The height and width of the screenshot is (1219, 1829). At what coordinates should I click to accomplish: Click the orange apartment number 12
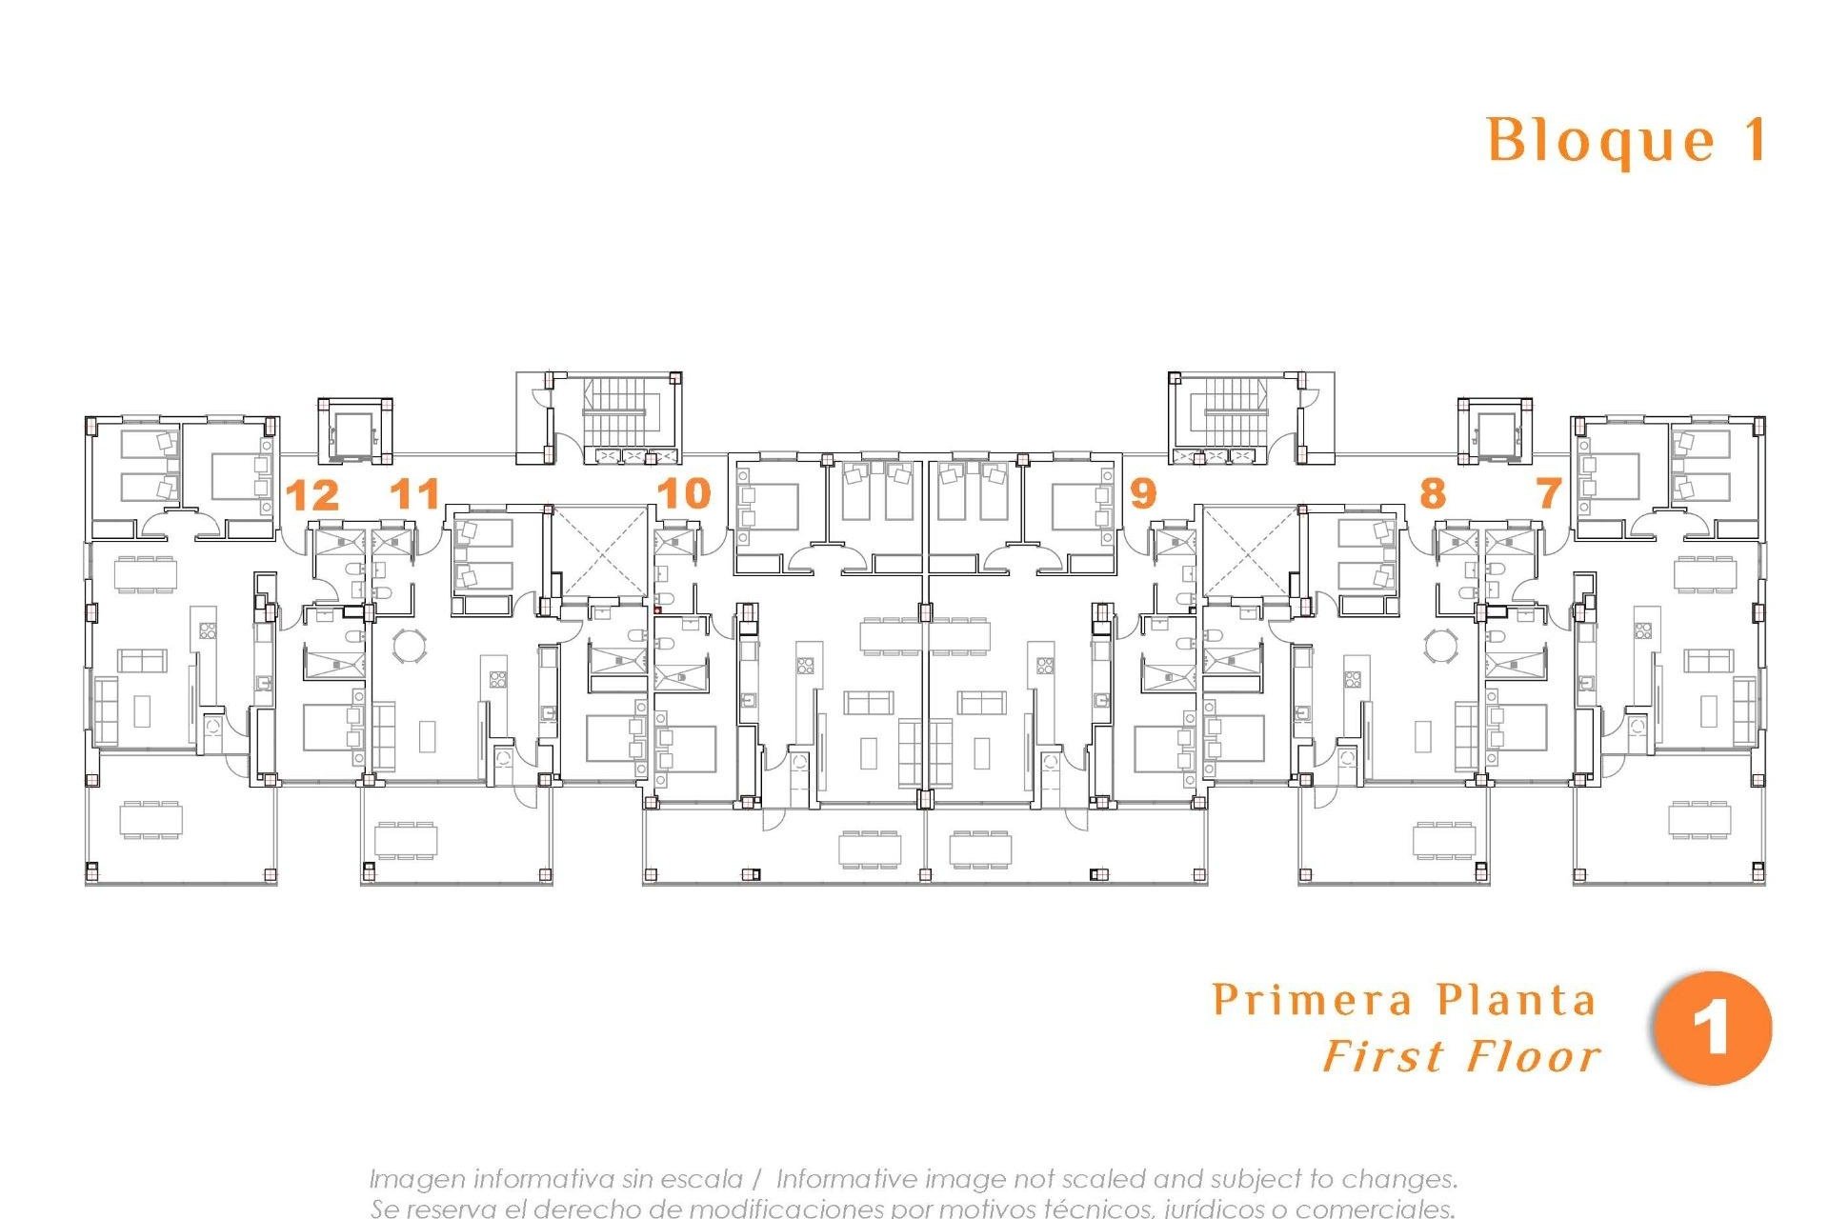point(312,496)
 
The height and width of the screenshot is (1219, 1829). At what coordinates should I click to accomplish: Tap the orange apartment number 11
point(415,494)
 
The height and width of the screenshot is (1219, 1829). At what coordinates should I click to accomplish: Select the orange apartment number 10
point(684,493)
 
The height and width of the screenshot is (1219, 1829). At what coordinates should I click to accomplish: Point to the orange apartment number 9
point(1142,493)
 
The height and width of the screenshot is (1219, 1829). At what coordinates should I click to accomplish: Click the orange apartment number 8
point(1432,493)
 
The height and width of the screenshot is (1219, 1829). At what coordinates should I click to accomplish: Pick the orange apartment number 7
point(1549,493)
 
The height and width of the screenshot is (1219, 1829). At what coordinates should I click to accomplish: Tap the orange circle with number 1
point(1712,1029)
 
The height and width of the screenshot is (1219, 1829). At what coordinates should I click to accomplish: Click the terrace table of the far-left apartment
point(151,819)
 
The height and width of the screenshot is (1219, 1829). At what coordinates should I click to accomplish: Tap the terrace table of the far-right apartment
point(1699,819)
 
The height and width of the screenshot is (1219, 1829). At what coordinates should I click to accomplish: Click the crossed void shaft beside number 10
point(598,551)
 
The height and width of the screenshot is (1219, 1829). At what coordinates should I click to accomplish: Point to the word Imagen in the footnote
point(416,1179)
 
